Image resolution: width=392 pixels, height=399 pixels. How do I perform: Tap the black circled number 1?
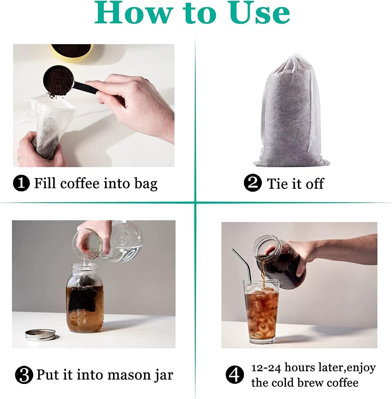pyautogui.click(x=21, y=183)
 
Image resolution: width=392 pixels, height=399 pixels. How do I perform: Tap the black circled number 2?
pyautogui.click(x=252, y=183)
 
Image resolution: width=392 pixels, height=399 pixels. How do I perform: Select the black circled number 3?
pyautogui.click(x=24, y=375)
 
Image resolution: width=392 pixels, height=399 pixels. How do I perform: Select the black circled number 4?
pyautogui.click(x=235, y=375)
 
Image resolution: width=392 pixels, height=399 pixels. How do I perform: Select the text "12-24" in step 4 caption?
pyautogui.click(x=267, y=368)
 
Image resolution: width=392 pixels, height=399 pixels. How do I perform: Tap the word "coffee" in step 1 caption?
pyautogui.click(x=80, y=184)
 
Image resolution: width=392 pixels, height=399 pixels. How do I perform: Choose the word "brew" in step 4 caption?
pyautogui.click(x=310, y=383)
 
